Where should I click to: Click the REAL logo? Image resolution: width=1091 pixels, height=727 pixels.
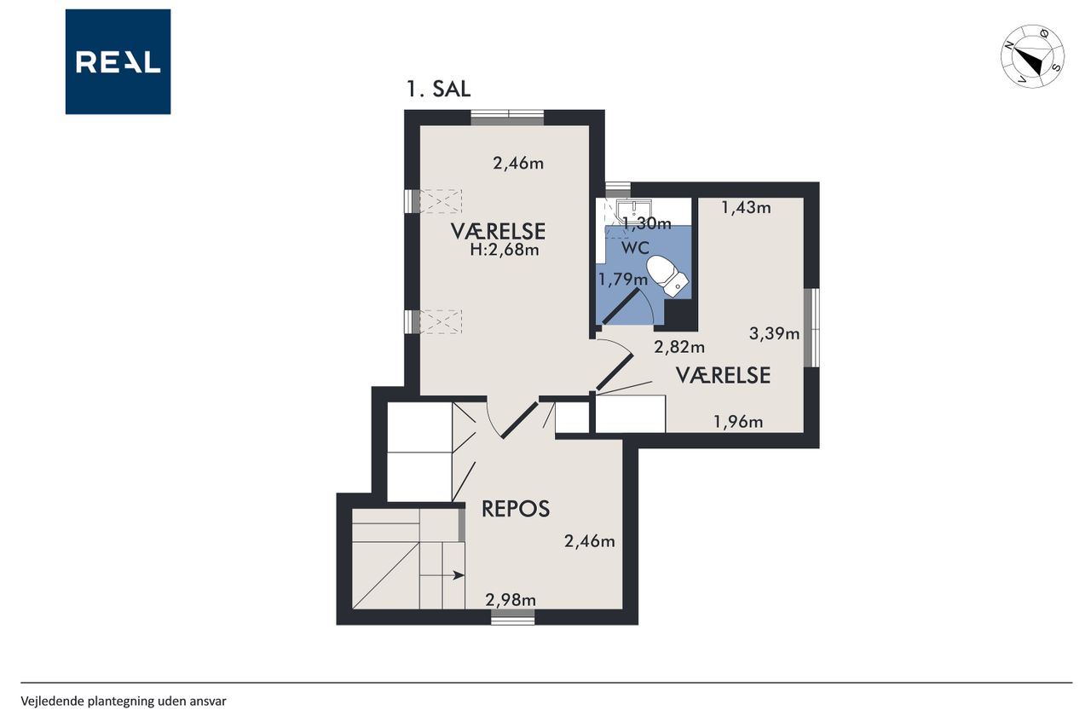(118, 62)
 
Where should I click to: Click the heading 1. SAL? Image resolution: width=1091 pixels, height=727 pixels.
(438, 89)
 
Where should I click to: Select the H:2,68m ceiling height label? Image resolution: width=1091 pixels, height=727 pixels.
(504, 250)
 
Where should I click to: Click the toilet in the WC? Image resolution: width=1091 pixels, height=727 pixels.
(667, 276)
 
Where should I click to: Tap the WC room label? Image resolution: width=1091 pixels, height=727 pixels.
(635, 248)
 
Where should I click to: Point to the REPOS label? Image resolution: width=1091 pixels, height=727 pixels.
(516, 509)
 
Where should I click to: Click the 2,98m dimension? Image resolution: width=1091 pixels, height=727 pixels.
(511, 600)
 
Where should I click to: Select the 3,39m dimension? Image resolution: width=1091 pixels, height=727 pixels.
(774, 333)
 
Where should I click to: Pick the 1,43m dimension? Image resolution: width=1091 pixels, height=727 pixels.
(746, 208)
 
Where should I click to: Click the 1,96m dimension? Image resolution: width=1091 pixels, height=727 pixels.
(738, 422)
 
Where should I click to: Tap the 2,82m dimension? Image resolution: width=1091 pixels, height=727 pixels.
(679, 347)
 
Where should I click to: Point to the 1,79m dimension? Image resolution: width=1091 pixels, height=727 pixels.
(622, 280)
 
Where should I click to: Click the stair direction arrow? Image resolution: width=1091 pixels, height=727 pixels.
(442, 575)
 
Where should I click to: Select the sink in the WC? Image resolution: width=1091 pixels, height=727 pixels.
(633, 211)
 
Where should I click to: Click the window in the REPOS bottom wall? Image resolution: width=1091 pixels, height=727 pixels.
(512, 617)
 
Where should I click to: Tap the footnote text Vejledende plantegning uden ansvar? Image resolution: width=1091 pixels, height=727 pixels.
(124, 701)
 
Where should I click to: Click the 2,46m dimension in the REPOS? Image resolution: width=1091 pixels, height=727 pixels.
(589, 541)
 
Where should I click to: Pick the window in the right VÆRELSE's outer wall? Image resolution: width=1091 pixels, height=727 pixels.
(811, 327)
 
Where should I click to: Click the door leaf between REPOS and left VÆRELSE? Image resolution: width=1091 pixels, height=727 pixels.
(520, 420)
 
